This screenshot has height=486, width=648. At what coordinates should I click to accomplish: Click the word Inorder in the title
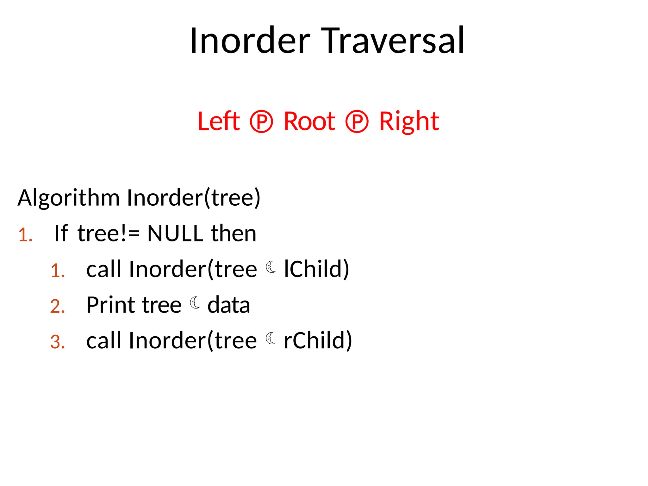click(x=250, y=41)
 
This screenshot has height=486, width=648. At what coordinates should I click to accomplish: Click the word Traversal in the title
click(x=393, y=41)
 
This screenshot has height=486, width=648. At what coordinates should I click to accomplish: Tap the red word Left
click(x=219, y=121)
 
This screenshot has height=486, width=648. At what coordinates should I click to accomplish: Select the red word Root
click(x=309, y=121)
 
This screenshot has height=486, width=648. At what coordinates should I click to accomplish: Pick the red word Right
click(x=409, y=122)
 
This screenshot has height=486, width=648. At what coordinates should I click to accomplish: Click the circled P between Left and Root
click(x=261, y=122)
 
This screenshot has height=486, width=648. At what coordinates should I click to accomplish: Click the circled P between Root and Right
click(x=357, y=122)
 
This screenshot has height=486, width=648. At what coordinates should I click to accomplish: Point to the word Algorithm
click(x=68, y=198)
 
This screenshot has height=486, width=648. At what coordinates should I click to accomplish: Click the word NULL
click(x=175, y=234)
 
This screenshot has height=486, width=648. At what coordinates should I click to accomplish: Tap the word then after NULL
click(x=234, y=234)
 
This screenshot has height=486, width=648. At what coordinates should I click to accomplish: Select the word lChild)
click(x=316, y=269)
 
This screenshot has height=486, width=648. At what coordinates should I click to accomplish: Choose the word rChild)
click(x=318, y=341)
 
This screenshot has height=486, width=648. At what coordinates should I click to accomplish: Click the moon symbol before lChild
click(x=271, y=267)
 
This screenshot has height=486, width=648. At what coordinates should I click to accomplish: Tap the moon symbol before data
click(x=195, y=303)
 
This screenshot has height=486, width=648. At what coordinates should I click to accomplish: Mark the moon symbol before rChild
click(x=271, y=339)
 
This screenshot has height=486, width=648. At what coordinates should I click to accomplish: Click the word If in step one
click(x=61, y=234)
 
